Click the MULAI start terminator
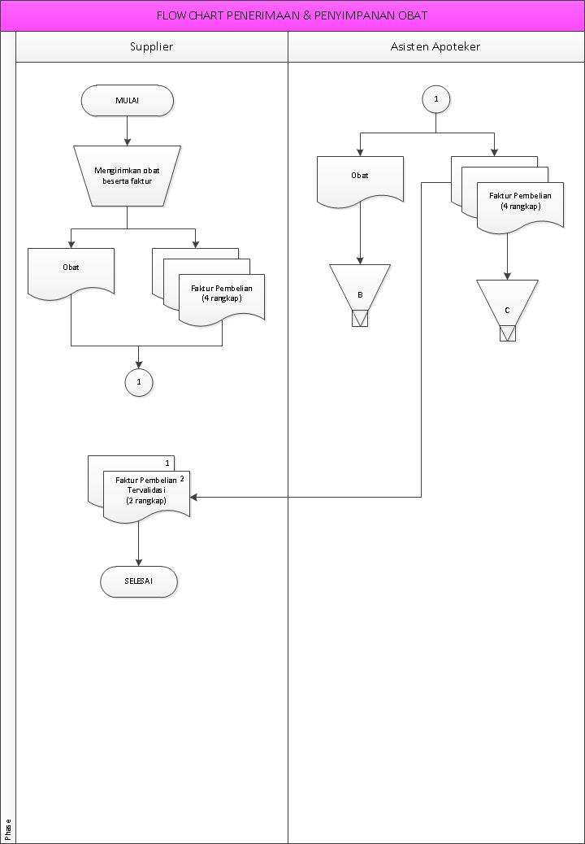127,100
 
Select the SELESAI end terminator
138,582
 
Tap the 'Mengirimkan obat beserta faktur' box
127,175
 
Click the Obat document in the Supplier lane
71,268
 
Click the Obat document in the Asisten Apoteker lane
360,177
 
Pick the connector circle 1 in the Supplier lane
139,381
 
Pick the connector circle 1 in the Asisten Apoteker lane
436,99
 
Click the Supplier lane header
152,46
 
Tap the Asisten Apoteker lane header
435,46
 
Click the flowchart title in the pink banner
292,15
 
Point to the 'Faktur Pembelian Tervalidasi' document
146,491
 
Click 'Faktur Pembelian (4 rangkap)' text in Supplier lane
222,294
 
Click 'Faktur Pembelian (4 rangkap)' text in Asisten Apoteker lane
520,201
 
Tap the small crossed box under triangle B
360,318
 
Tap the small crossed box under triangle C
508,333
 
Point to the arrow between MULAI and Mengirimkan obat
127,129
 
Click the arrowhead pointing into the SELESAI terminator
139,562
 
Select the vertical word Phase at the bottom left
8,829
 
